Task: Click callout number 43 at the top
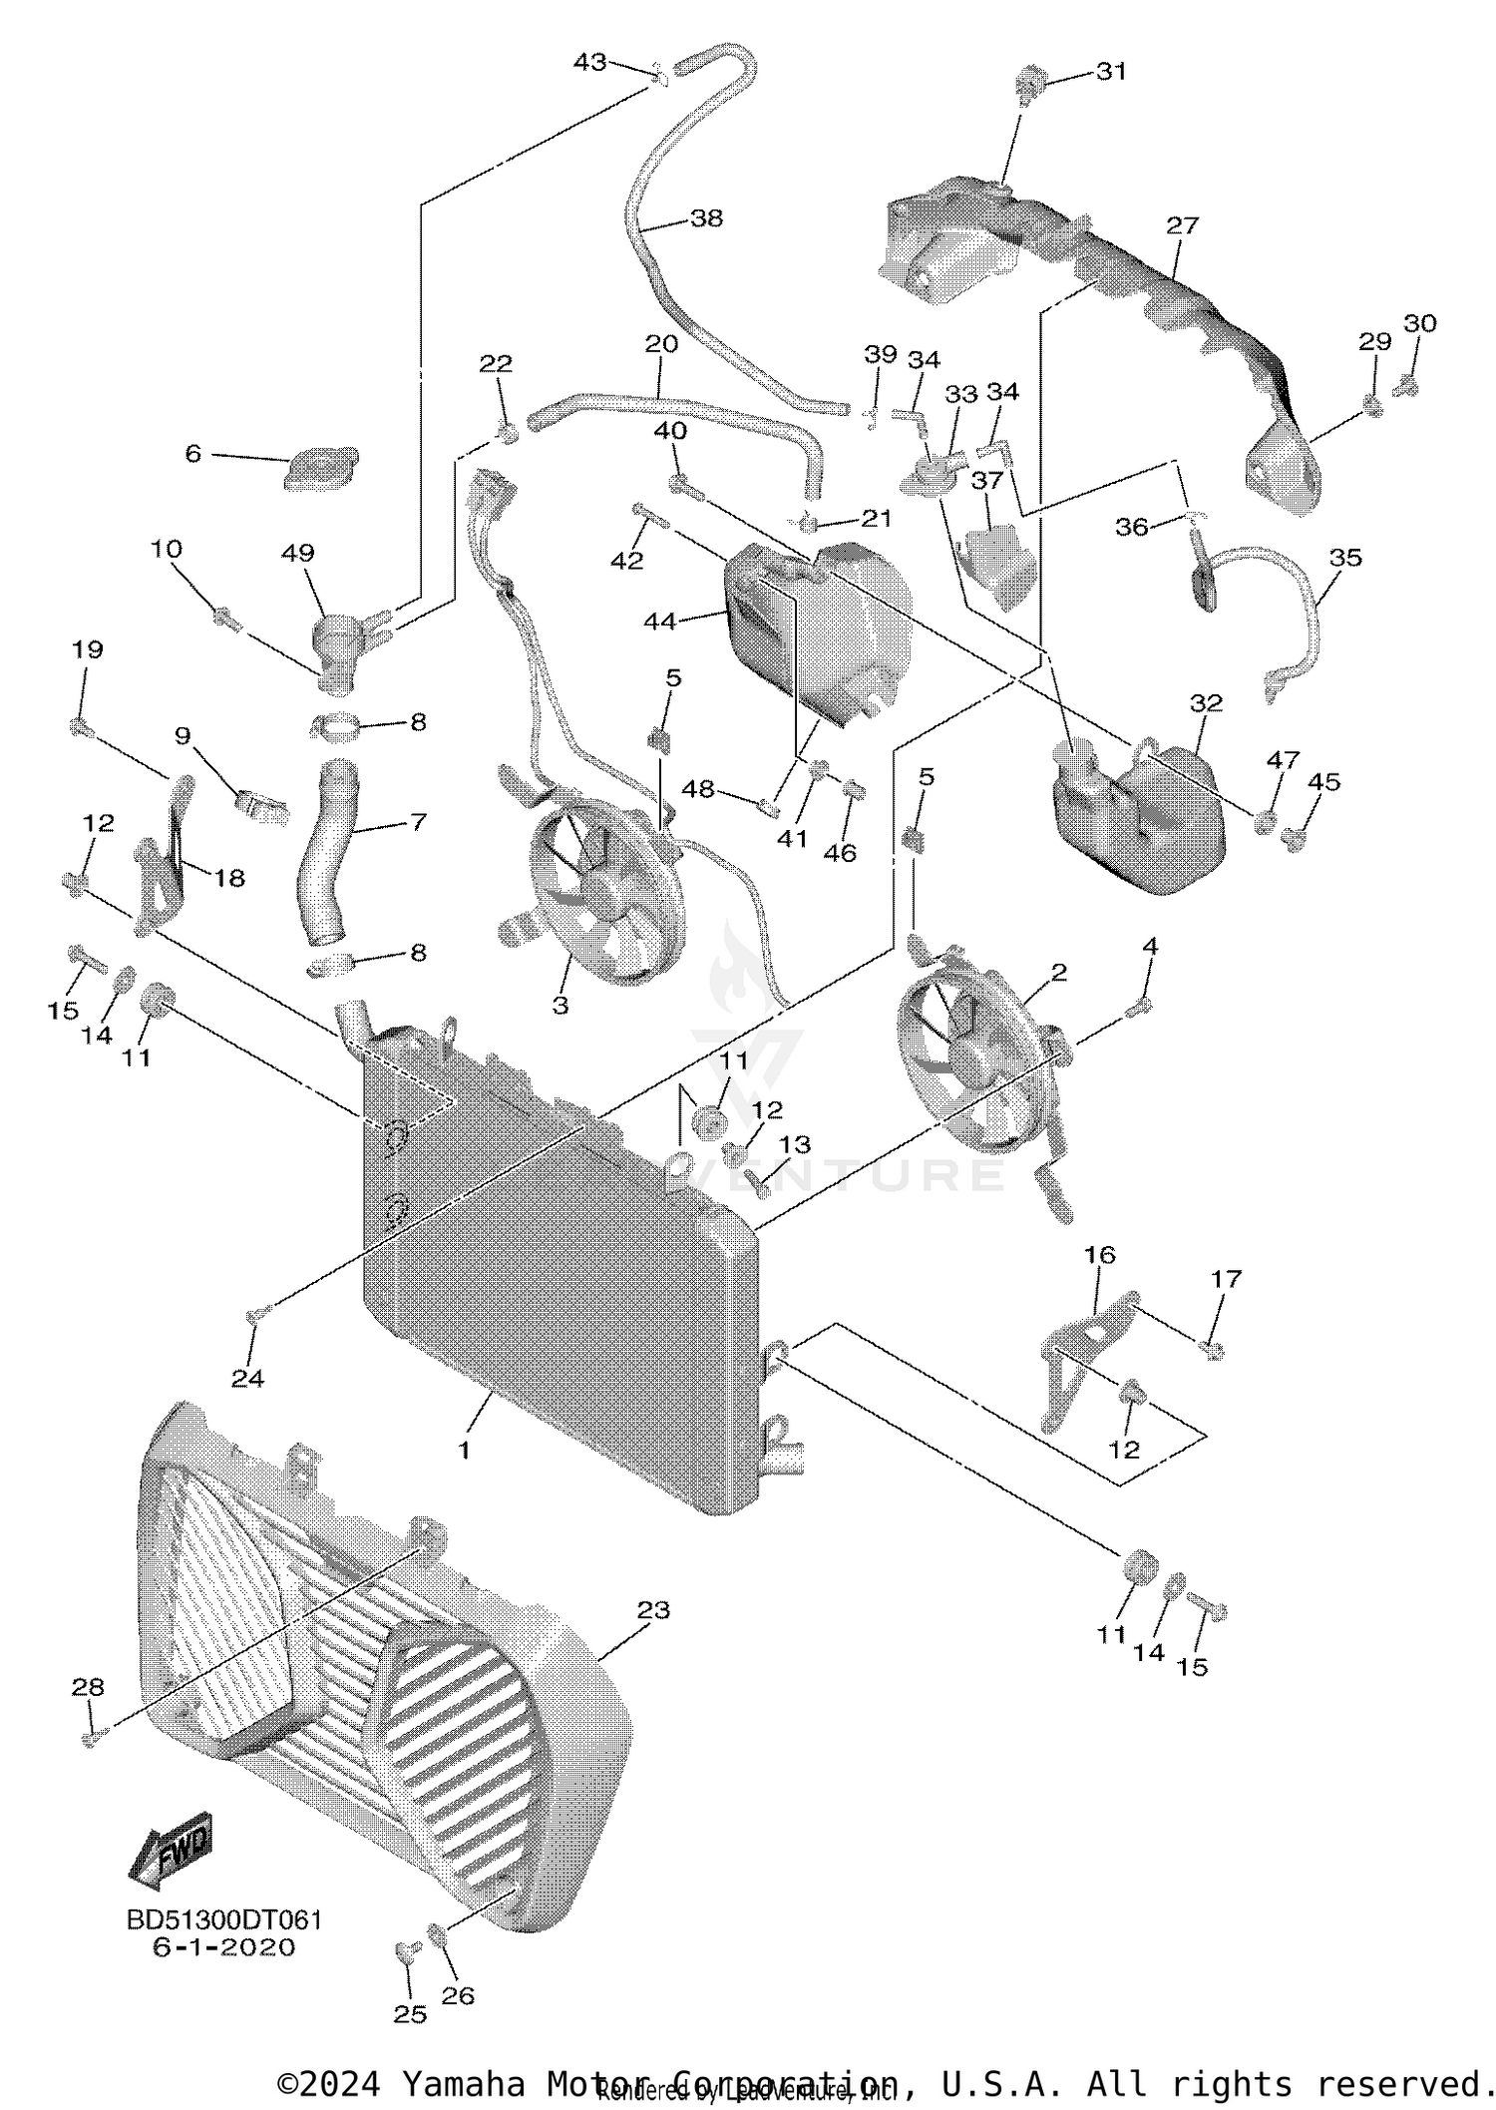(x=589, y=62)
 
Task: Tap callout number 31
(x=1111, y=71)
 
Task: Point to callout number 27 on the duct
(x=1182, y=225)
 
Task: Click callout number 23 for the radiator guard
(x=654, y=1609)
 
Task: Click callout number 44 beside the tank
(x=659, y=622)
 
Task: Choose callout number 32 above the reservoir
(x=1206, y=702)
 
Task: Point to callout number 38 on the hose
(x=706, y=217)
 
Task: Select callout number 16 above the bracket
(x=1100, y=1254)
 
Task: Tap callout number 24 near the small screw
(x=248, y=1378)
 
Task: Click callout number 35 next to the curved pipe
(x=1345, y=557)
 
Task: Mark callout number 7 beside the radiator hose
(x=418, y=822)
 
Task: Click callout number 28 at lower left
(x=88, y=1687)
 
